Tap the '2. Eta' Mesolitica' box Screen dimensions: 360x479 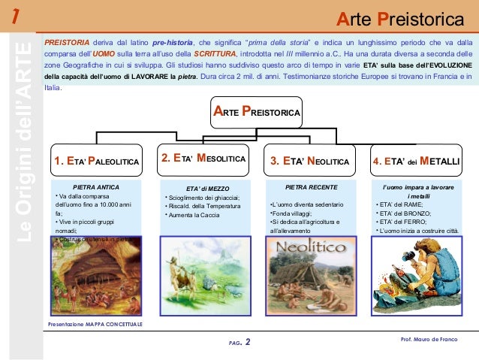(x=204, y=159)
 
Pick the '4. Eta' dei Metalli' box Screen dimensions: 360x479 (x=416, y=161)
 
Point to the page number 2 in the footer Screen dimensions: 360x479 (x=248, y=343)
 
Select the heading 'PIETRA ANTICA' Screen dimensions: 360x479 (x=95, y=186)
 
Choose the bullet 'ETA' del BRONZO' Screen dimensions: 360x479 (x=402, y=213)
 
